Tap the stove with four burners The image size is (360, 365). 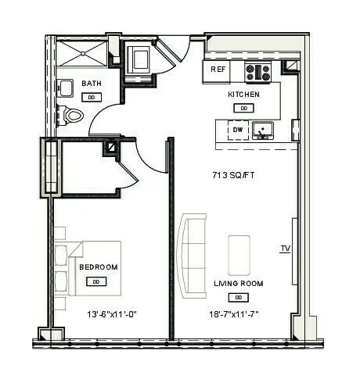point(258,73)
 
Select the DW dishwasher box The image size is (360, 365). point(237,130)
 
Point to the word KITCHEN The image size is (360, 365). point(243,95)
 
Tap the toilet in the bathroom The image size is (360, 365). point(74,116)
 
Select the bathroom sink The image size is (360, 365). point(67,86)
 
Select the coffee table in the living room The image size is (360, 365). point(240,254)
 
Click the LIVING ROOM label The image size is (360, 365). point(238,283)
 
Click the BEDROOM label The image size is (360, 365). point(99,267)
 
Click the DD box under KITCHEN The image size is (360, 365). point(244,108)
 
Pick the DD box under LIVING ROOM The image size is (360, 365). point(236,298)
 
